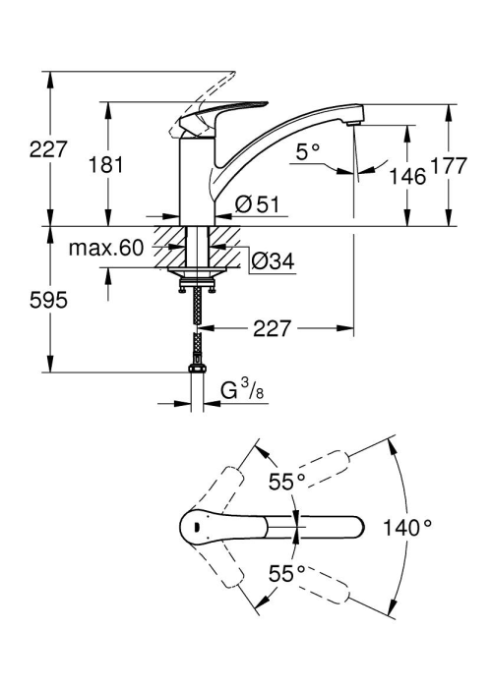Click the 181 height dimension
coord(106,165)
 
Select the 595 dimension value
coord(48,300)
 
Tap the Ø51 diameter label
coord(257,204)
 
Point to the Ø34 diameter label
coord(273,261)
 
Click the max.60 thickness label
coord(106,249)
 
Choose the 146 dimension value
coord(408,176)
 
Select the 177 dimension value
coord(449,166)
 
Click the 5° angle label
coord(307,152)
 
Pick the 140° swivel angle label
coord(407,527)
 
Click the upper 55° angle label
coord(287,482)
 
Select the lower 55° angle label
coord(287,573)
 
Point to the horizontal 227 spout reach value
coord(272,328)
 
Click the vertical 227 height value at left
coord(48,149)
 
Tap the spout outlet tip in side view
coord(354,124)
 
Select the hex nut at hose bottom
coord(197,368)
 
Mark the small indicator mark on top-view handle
coord(197,526)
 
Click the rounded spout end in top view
coord(356,527)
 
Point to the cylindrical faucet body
coord(197,181)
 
